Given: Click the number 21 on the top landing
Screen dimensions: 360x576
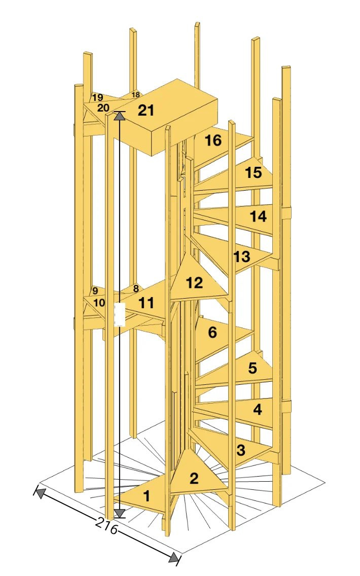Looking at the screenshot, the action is tap(146, 110).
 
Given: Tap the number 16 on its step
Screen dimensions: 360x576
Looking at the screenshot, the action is tap(213, 140).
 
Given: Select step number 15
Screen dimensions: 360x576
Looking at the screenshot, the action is tap(254, 172).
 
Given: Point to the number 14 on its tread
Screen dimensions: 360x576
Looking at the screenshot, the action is tap(258, 217).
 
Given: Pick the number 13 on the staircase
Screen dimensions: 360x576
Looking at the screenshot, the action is tap(242, 257).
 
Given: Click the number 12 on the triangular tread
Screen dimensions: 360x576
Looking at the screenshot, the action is tap(195, 283).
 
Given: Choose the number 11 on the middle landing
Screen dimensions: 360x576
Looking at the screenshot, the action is tap(146, 303).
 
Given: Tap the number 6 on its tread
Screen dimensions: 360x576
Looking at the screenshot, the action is tap(212, 333).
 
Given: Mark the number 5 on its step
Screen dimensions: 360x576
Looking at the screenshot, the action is tap(253, 368).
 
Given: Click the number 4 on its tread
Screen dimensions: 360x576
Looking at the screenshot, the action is tap(258, 409).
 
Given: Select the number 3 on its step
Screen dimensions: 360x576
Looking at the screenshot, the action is tap(241, 450).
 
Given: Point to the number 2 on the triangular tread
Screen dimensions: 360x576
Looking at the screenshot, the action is tap(194, 478).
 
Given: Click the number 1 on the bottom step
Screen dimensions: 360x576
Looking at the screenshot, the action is tap(147, 496).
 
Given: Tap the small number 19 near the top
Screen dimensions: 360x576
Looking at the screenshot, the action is tap(98, 98).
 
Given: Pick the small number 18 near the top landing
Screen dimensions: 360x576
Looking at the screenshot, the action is tap(135, 95).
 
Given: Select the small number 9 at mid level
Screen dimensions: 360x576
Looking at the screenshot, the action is tap(95, 291).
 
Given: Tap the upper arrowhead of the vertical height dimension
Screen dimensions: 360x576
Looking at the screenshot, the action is tap(119, 116).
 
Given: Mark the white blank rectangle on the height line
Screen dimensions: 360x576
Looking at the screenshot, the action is tap(120, 314).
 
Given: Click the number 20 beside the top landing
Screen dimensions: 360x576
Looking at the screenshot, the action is tap(103, 108).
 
